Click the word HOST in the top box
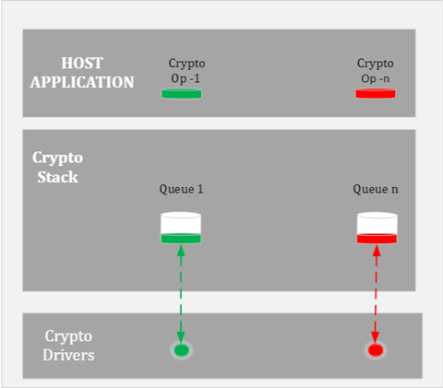click(x=82, y=63)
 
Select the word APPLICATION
click(x=82, y=81)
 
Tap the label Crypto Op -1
click(x=186, y=71)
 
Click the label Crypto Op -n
click(x=375, y=71)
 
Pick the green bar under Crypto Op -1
click(x=182, y=93)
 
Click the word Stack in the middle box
click(x=56, y=176)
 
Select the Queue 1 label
click(x=181, y=190)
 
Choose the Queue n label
click(x=376, y=190)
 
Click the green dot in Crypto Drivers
click(x=182, y=350)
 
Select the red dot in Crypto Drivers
click(x=376, y=350)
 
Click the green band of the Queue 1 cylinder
click(x=181, y=240)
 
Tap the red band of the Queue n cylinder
click(x=377, y=240)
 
